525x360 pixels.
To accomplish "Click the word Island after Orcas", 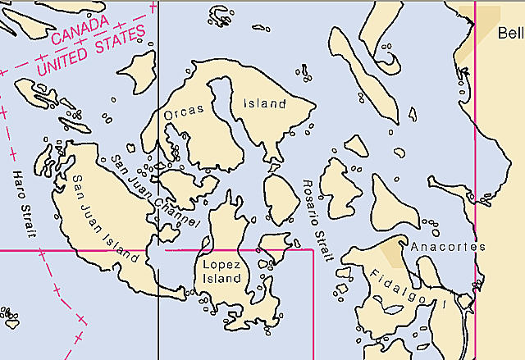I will pyautogui.click(x=265, y=104).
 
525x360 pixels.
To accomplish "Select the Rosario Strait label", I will pyautogui.click(x=317, y=220).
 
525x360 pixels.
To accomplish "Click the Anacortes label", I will pyautogui.click(x=448, y=246).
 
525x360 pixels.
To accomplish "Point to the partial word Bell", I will pyautogui.click(x=510, y=33).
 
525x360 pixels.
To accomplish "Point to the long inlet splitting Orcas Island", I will pyautogui.click(x=226, y=115).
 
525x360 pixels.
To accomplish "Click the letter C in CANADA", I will pyautogui.click(x=55, y=38).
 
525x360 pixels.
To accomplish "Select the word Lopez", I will pyautogui.click(x=221, y=264).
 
